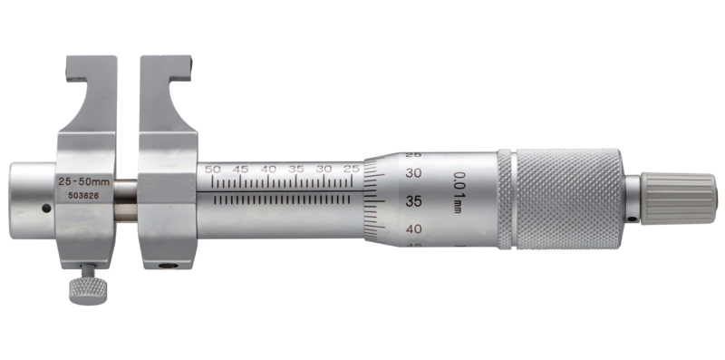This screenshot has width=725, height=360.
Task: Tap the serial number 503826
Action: click(75, 194)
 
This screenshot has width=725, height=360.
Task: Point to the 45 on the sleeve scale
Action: click(240, 170)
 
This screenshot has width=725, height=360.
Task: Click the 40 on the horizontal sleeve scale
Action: click(268, 170)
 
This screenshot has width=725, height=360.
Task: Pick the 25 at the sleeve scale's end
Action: click(352, 170)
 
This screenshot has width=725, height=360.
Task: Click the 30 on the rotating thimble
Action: click(415, 172)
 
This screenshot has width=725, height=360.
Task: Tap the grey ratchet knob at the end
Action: click(679, 198)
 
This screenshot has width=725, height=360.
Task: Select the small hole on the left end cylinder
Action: click(45, 209)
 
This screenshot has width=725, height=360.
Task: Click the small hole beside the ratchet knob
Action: click(630, 218)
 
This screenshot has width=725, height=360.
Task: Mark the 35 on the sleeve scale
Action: click(296, 170)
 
